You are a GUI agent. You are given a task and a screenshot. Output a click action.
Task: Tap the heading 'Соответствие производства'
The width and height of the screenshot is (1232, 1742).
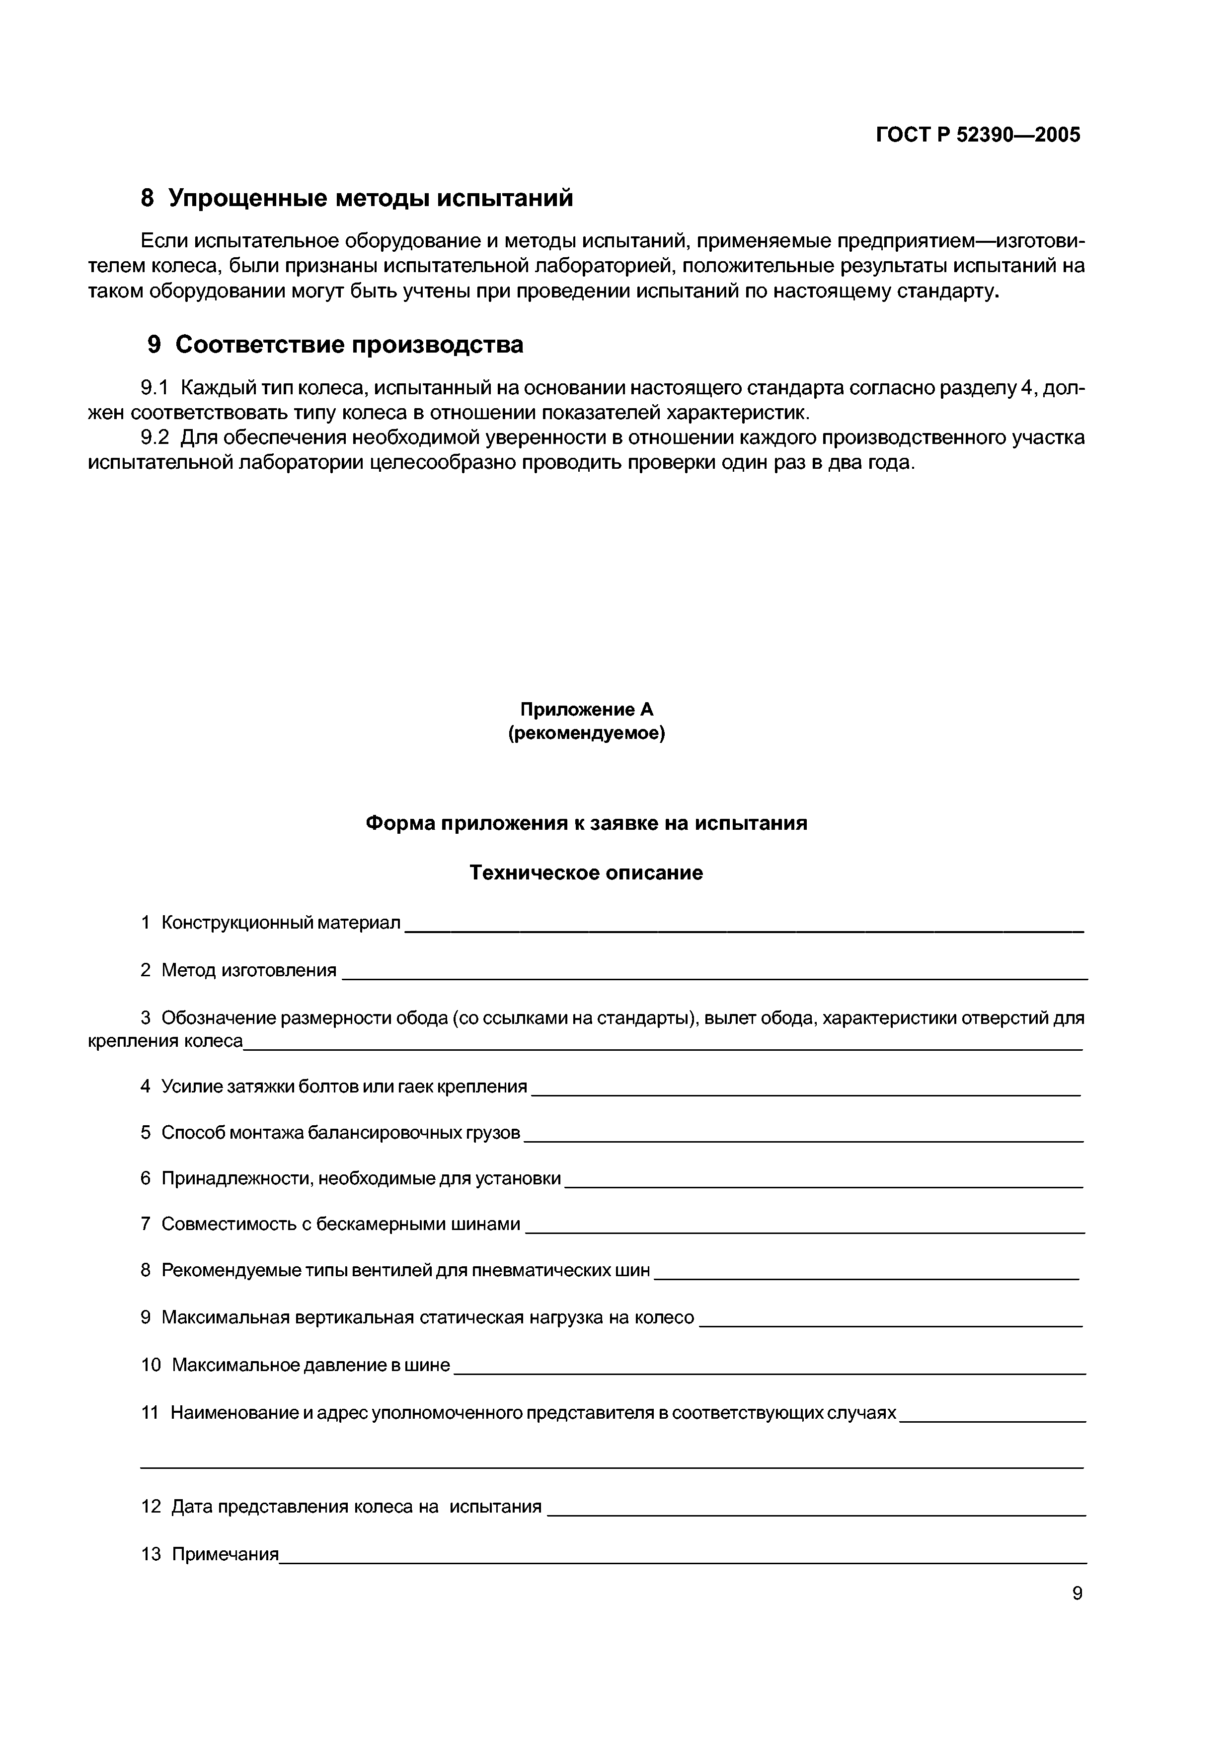pos(349,345)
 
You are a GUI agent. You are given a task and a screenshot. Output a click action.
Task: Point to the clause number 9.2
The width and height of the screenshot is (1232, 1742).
pos(155,438)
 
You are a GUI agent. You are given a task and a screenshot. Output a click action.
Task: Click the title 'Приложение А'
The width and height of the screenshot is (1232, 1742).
pos(586,710)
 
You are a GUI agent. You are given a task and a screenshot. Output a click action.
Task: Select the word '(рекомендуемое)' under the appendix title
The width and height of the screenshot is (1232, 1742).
pos(586,734)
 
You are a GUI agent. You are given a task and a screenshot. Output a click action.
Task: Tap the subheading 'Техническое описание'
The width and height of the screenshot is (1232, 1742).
pos(586,872)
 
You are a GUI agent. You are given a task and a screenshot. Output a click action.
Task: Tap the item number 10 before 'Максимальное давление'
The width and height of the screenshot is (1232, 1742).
pos(151,1365)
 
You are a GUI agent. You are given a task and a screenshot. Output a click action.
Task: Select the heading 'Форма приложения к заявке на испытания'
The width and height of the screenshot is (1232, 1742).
pos(586,823)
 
